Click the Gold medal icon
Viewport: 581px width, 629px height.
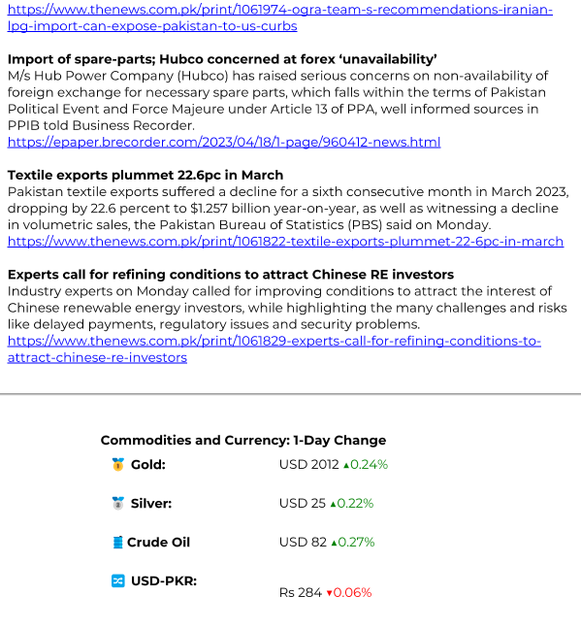tap(117, 465)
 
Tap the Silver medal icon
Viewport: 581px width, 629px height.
tap(117, 504)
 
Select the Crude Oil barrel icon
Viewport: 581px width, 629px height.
tap(117, 543)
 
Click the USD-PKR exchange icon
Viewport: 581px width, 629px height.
tap(117, 580)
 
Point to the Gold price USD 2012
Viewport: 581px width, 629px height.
tap(308, 465)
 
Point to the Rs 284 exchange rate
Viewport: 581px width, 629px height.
tap(300, 592)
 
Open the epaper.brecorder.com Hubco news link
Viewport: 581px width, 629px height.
tap(224, 142)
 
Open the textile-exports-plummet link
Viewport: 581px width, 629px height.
tap(285, 241)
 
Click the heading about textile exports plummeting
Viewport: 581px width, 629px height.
tap(145, 175)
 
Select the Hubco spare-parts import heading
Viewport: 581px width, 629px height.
tap(222, 59)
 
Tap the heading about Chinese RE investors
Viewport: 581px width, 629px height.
tap(231, 275)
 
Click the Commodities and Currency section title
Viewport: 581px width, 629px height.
tap(243, 440)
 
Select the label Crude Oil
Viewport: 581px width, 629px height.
tap(158, 543)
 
